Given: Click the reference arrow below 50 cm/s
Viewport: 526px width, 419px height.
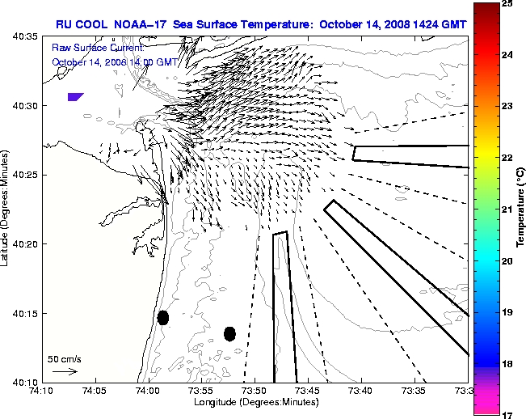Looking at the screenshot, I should [x=65, y=371].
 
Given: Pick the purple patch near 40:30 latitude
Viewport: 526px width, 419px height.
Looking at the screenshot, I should [x=75, y=96].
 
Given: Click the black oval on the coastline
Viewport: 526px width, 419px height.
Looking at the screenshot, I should [x=163, y=317].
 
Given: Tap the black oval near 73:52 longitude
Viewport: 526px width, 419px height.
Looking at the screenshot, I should [x=229, y=333].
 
